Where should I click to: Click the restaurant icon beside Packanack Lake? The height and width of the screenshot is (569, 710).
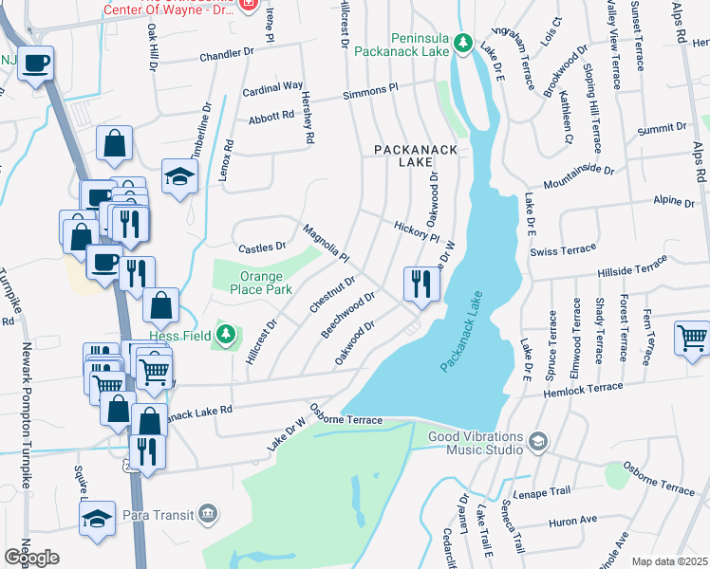point(420,283)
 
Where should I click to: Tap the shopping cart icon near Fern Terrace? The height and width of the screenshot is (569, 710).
point(692,338)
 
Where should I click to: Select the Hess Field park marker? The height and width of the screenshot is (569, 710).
point(226,334)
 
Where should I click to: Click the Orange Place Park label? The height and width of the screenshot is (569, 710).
point(252,284)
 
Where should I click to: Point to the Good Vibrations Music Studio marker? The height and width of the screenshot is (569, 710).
point(538,442)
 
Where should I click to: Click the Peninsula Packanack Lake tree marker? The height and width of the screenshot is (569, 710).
point(462,43)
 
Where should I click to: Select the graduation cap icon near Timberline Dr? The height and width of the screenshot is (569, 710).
point(178,176)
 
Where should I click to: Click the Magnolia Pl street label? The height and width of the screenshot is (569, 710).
point(327,244)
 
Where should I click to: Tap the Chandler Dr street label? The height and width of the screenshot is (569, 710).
point(227,56)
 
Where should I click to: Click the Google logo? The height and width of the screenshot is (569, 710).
point(31,558)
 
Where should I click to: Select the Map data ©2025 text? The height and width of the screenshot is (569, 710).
point(669,561)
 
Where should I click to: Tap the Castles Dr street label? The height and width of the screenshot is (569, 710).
point(261,247)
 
